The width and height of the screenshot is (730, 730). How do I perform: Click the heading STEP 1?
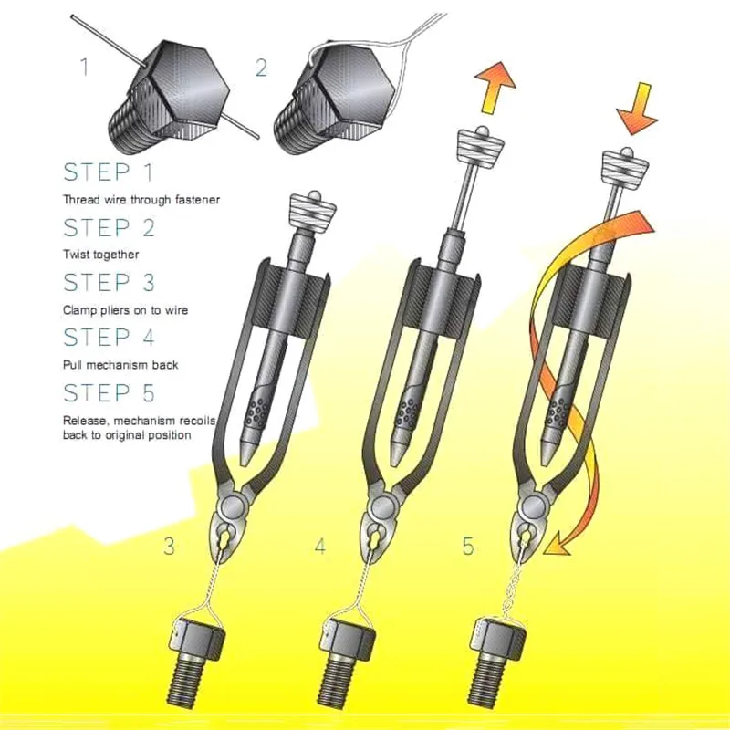[108, 172]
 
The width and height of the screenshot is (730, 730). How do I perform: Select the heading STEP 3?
[108, 283]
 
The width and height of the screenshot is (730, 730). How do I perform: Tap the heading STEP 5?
[108, 393]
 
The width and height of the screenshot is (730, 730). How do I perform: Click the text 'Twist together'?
[100, 255]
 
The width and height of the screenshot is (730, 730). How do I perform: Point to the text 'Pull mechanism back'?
[120, 365]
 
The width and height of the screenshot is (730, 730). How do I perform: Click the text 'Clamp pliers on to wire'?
[125, 310]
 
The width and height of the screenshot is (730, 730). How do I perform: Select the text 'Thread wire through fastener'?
[141, 199]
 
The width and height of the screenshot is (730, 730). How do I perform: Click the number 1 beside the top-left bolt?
[84, 67]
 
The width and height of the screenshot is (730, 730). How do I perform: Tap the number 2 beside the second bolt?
[261, 67]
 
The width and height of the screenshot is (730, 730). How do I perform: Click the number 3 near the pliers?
[169, 547]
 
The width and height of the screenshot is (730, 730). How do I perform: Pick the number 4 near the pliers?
[319, 547]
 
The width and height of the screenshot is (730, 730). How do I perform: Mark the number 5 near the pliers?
[468, 547]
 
